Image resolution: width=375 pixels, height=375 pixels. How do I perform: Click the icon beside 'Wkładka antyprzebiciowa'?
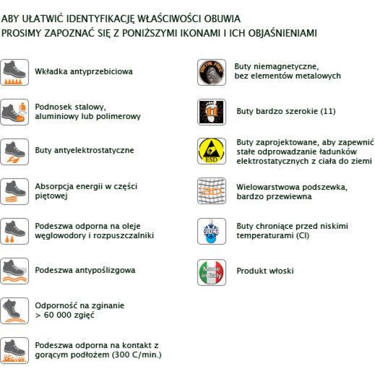(15, 72)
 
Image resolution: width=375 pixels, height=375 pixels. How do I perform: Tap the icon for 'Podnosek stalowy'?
(15, 112)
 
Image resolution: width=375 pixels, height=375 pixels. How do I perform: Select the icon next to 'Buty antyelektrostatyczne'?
(15, 151)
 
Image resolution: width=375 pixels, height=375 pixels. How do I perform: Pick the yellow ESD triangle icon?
(211, 151)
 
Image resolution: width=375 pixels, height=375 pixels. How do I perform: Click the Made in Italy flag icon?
(211, 272)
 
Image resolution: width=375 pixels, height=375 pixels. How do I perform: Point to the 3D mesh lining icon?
(211, 191)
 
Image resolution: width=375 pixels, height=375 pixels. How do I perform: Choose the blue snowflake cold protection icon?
(211, 231)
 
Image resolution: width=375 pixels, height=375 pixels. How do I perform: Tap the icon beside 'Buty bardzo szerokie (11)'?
(211, 112)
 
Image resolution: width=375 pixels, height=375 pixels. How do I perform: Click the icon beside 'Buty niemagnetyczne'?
(211, 72)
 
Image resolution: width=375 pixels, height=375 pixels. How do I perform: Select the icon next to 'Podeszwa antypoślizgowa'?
(15, 270)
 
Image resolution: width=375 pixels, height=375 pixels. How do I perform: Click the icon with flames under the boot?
(15, 350)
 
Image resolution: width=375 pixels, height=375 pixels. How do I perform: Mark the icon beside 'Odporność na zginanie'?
(15, 310)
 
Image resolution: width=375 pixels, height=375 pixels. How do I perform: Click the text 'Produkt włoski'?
(265, 271)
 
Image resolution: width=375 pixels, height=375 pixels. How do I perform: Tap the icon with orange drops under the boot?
(15, 231)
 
